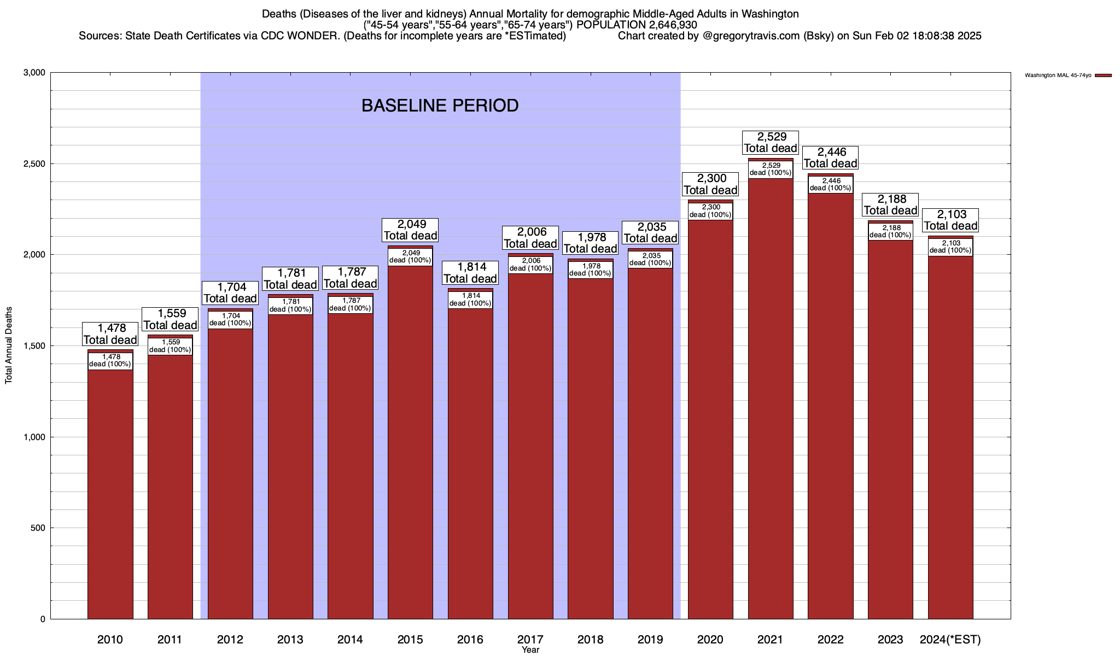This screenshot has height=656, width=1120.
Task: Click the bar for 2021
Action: pyautogui.click(x=771, y=399)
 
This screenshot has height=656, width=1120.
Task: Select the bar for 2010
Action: pyautogui.click(x=110, y=492)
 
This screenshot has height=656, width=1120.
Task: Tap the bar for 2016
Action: pyautogui.click(x=470, y=465)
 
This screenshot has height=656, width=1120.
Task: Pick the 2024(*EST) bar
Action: pyautogui.click(x=950, y=437)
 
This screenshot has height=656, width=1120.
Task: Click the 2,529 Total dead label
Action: pyautogui.click(x=771, y=142)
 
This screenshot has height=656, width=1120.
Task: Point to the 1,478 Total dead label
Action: pyautogui.click(x=110, y=334)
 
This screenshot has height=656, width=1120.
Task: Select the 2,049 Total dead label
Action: pyautogui.click(x=410, y=230)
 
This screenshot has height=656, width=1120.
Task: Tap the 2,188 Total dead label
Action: pyautogui.click(x=890, y=204)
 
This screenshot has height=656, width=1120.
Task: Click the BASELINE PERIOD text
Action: pyautogui.click(x=440, y=106)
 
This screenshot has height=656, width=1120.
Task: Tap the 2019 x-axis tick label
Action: pyautogui.click(x=650, y=640)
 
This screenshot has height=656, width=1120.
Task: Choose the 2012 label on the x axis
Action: pyautogui.click(x=230, y=640)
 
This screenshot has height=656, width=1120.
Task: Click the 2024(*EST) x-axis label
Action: pyautogui.click(x=950, y=640)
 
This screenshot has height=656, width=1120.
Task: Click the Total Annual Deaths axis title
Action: pyautogui.click(x=9, y=345)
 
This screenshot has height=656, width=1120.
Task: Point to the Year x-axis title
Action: pyautogui.click(x=530, y=650)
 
